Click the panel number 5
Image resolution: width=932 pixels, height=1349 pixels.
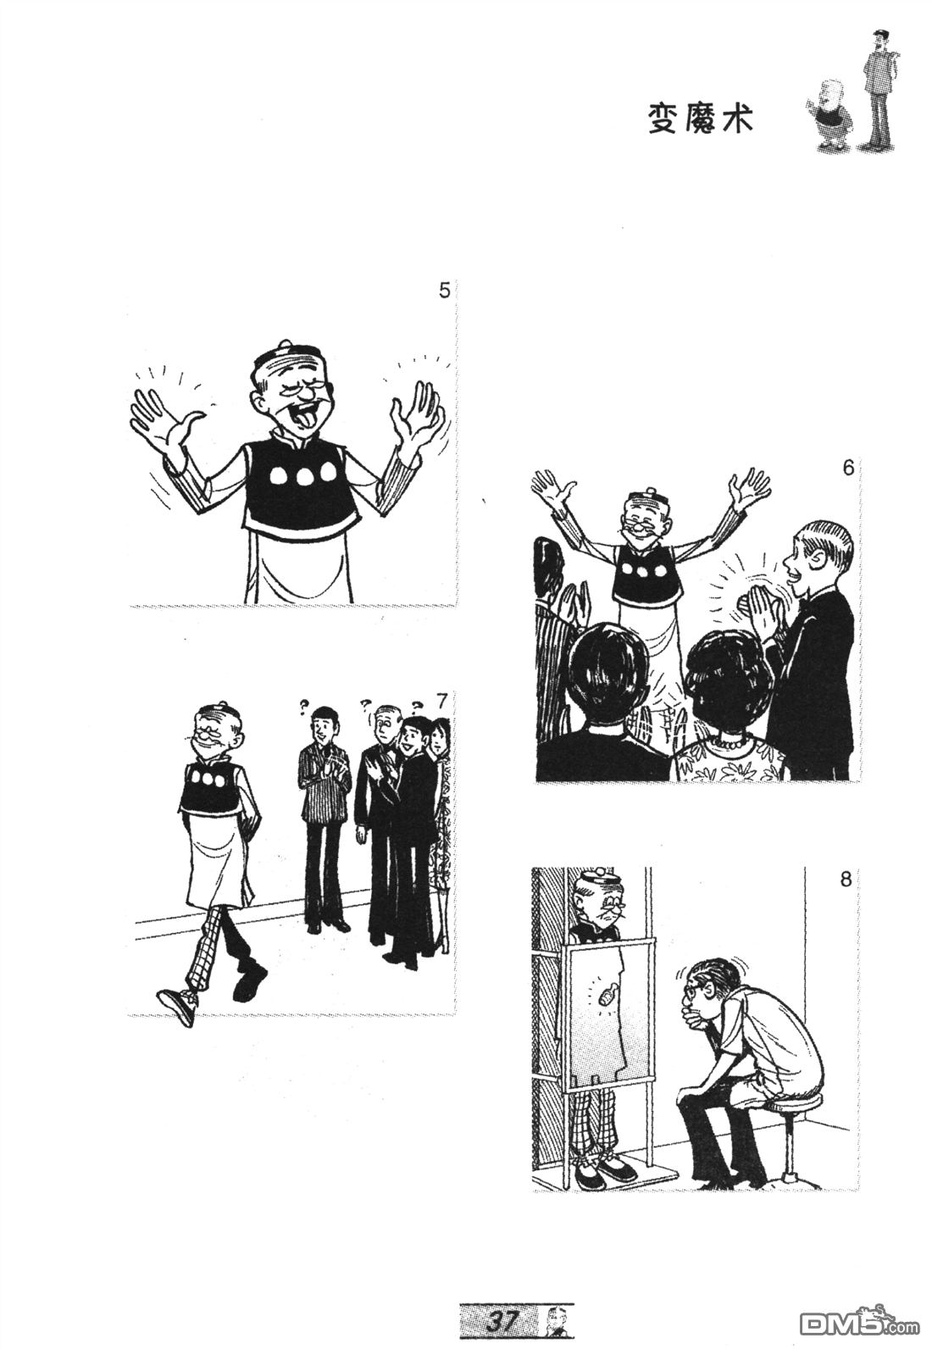[x=444, y=291]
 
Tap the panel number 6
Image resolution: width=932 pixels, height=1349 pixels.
[x=848, y=468]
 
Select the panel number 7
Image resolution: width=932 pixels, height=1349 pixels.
[x=442, y=702]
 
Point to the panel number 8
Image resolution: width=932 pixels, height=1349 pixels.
[x=846, y=880]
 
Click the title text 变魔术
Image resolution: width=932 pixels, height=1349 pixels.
[x=700, y=119]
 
